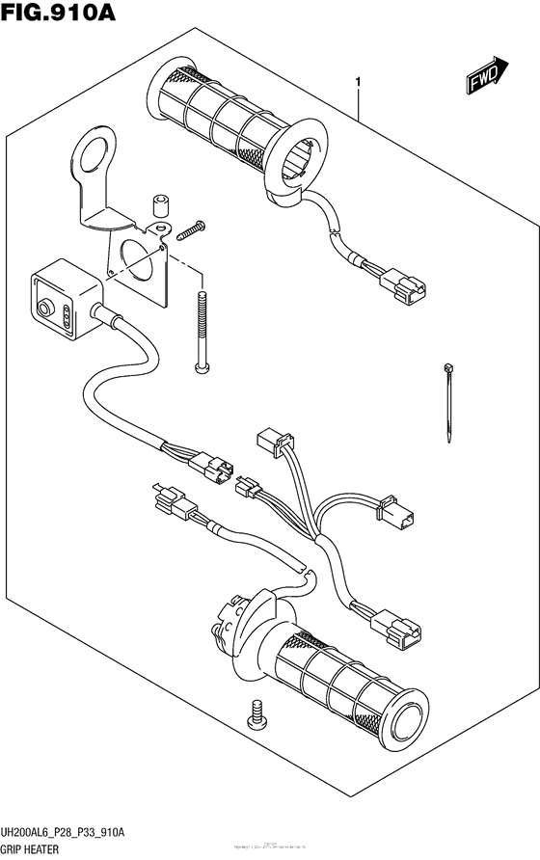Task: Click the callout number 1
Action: (x=358, y=84)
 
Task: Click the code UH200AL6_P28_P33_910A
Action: (x=70, y=832)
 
